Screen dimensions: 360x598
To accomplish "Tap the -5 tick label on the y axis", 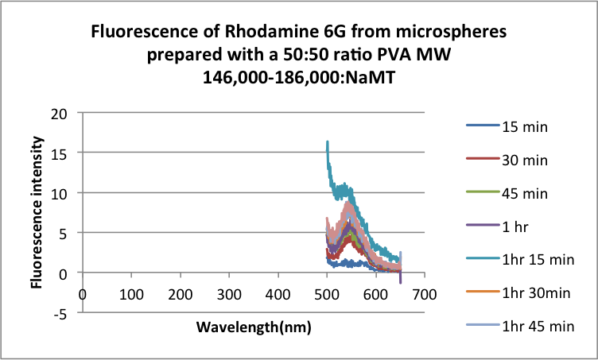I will [x=68, y=312].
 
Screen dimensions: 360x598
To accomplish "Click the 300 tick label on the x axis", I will [x=229, y=294].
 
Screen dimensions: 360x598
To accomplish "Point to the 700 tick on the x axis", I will [x=425, y=294].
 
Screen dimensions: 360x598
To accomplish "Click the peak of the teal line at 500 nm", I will [x=327, y=142].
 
